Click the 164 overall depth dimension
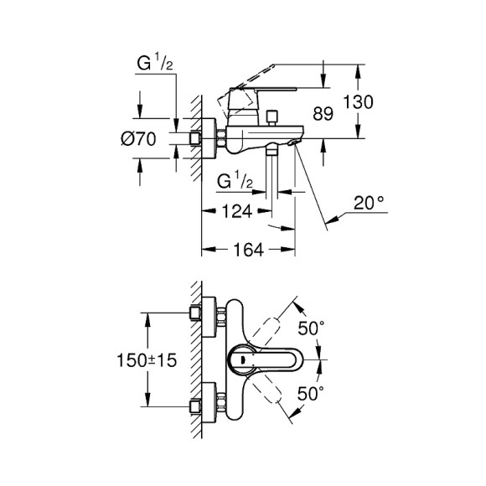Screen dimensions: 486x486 (x=248, y=249)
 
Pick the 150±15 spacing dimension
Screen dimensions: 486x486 (x=147, y=360)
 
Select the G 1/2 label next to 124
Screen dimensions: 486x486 (x=235, y=182)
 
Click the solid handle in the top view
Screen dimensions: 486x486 (x=261, y=360)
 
